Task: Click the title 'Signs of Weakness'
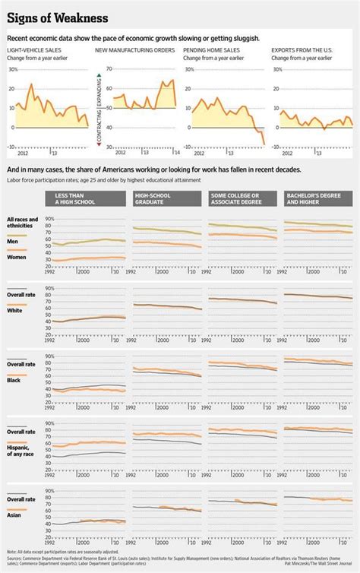57,17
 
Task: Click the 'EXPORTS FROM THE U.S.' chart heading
302,49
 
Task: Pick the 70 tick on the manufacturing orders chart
109,68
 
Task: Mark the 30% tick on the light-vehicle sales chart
12,68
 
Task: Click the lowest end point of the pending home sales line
264,144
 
